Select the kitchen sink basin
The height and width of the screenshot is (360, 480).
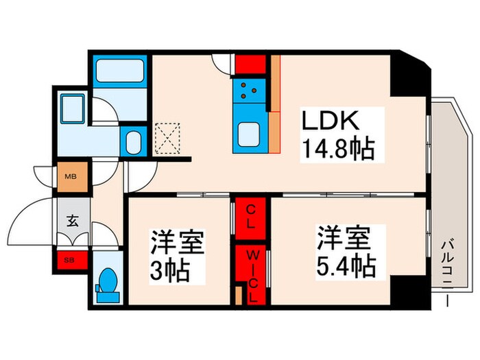[x=248, y=132]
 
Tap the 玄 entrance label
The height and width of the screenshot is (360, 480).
[x=73, y=221]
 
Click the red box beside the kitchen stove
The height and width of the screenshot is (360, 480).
[x=250, y=64]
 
